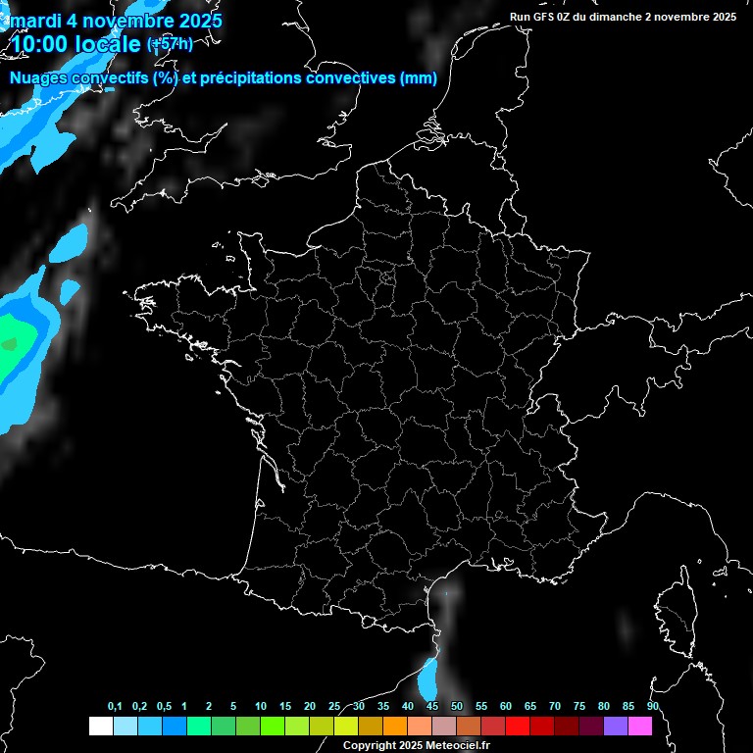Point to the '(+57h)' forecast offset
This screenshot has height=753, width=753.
click(x=170, y=43)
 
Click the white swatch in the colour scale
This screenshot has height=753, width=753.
click(x=100, y=726)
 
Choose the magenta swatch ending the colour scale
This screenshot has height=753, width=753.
click(x=639, y=726)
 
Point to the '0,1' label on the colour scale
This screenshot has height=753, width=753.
click(x=115, y=706)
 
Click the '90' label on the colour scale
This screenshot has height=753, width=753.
click(x=652, y=706)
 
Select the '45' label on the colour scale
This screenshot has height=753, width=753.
click(x=432, y=706)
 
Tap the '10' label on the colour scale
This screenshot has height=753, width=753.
click(x=260, y=706)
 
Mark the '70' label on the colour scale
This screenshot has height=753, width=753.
click(x=554, y=706)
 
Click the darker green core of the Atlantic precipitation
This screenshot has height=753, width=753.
click(x=9, y=344)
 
